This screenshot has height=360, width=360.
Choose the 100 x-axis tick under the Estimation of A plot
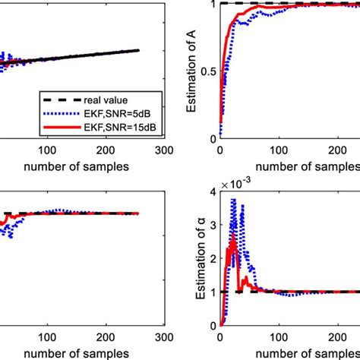283,150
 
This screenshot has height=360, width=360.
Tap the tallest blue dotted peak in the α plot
234,200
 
